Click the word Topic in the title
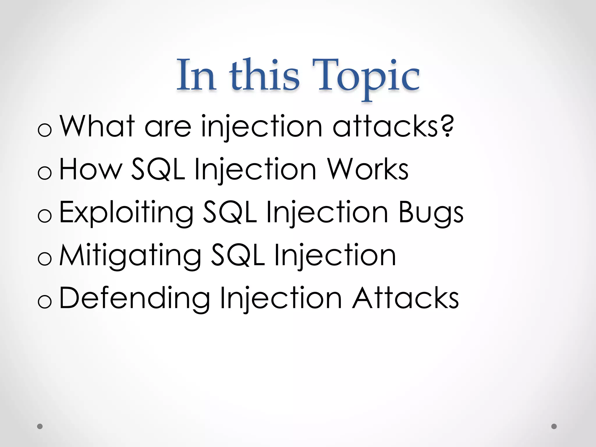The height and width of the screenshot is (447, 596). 366,76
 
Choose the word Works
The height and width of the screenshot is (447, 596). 368,169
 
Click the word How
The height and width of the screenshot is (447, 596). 91,169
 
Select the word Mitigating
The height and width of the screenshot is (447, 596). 130,256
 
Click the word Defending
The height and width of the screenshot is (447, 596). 134,298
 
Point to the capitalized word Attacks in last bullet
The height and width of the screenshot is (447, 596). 405,298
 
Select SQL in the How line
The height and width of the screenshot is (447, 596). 158,169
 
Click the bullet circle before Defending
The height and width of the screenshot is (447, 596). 45,301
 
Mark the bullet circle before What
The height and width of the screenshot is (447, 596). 45,130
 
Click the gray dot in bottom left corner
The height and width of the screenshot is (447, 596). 40,426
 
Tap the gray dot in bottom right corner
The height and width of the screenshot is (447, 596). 554,426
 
